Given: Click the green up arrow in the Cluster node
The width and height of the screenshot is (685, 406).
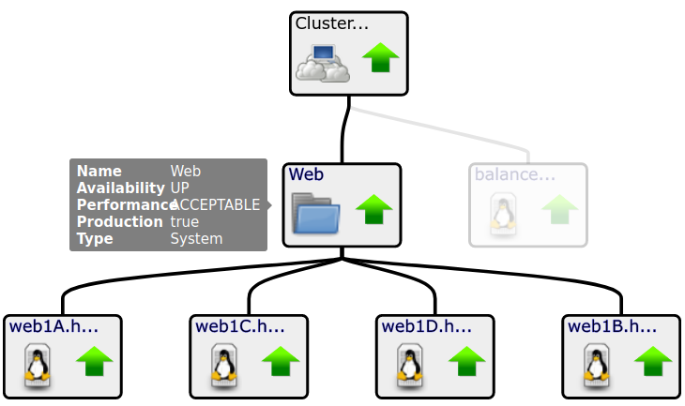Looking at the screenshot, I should pyautogui.click(x=380, y=58).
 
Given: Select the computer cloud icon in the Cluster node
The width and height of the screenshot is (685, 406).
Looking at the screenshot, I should pyautogui.click(x=322, y=62).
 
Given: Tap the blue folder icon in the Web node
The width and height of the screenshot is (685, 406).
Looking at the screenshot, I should pyautogui.click(x=315, y=212).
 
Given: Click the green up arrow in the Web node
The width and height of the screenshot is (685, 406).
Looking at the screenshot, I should pyautogui.click(x=373, y=209).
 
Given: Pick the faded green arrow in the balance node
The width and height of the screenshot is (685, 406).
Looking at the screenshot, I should pyautogui.click(x=559, y=209).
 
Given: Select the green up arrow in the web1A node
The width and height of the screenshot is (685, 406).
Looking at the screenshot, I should pyautogui.click(x=94, y=360).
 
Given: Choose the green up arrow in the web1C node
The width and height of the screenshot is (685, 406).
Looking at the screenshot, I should pyautogui.click(x=280, y=360).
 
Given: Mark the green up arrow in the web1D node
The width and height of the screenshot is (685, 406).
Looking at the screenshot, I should pyautogui.click(x=466, y=360).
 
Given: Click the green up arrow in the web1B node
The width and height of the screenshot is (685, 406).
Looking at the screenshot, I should pyautogui.click(x=653, y=360).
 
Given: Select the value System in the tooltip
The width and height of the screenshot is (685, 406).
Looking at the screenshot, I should pyautogui.click(x=196, y=239).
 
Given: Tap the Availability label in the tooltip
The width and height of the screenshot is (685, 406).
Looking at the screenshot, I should pyautogui.click(x=120, y=188).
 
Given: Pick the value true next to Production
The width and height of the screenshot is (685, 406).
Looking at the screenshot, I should pyautogui.click(x=184, y=222).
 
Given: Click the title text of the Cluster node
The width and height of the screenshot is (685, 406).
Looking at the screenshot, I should pyautogui.click(x=331, y=23).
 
